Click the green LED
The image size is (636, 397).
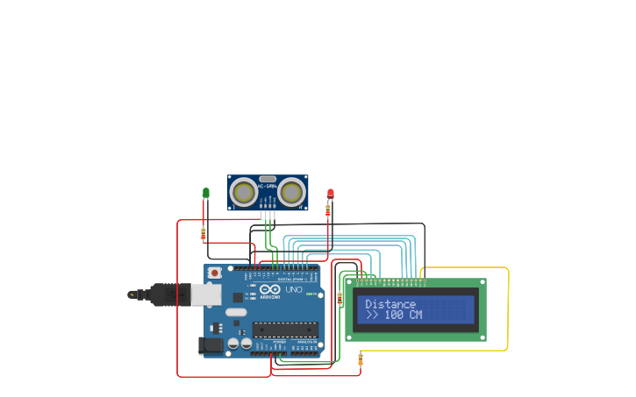(206, 192)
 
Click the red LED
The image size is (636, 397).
(331, 193)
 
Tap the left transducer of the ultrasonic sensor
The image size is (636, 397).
(242, 190)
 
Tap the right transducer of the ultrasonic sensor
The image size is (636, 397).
(293, 190)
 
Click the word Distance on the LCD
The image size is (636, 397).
(390, 304)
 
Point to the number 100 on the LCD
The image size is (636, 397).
(394, 315)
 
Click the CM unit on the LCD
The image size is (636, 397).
(414, 315)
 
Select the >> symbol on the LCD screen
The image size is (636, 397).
(372, 315)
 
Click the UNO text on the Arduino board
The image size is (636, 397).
(294, 289)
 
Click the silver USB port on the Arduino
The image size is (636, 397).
(206, 294)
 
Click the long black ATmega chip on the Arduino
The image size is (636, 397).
(284, 330)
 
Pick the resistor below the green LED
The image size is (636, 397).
(204, 234)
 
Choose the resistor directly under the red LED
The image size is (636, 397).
(328, 210)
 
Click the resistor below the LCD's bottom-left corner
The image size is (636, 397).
(361, 358)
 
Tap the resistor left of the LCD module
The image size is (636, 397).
(340, 299)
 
